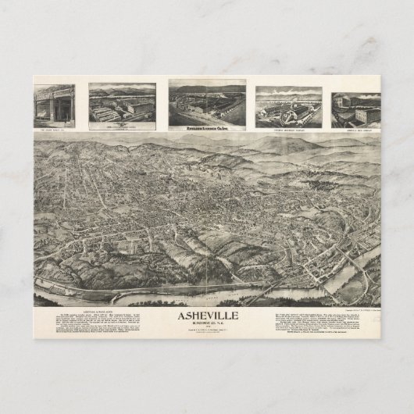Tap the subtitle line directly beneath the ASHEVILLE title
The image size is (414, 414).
[207, 327]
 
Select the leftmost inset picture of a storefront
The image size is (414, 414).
[54, 105]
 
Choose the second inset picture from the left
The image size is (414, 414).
[122, 105]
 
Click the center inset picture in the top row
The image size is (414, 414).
[207, 101]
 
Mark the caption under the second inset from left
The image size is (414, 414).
[122, 124]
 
